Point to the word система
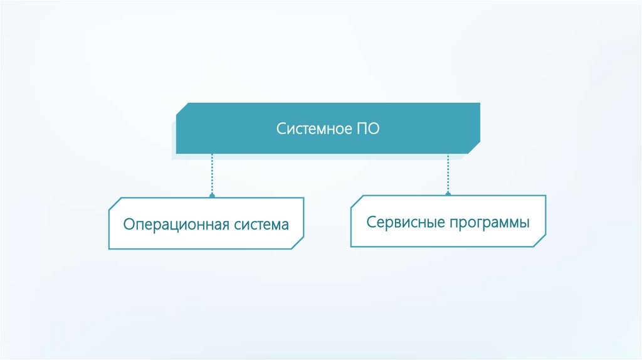[261, 225]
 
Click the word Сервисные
[406, 223]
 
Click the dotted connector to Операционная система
[212, 174]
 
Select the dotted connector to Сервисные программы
[448, 173]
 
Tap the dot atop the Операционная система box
[212, 196]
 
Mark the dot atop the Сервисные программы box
[448, 194]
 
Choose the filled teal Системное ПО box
[328, 128]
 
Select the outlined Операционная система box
[206, 223]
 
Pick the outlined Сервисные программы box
[448, 221]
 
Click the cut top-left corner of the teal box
[182, 109]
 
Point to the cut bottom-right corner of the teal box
[474, 148]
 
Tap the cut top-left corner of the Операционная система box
[115, 204]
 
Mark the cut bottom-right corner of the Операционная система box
[298, 243]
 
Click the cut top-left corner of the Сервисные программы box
[357, 201]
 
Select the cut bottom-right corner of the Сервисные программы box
[540, 241]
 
